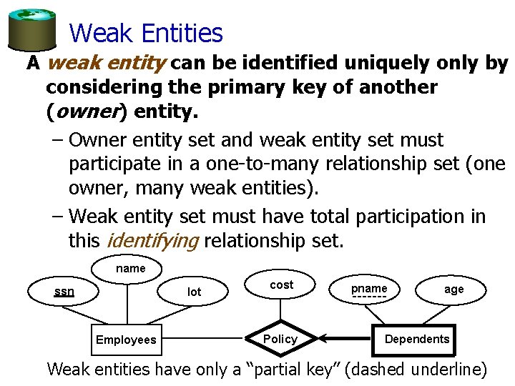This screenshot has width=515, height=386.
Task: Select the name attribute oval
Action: click(x=130, y=269)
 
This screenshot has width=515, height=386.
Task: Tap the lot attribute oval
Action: click(x=194, y=292)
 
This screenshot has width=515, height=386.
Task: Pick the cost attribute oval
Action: click(x=281, y=284)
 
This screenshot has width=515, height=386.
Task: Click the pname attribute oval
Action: click(x=369, y=289)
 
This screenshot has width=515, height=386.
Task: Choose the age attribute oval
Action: click(x=453, y=289)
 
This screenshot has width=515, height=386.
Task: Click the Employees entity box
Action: click(x=126, y=340)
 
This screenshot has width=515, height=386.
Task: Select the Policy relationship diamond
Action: click(x=280, y=339)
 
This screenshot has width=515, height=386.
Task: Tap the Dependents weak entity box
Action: click(x=417, y=339)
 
